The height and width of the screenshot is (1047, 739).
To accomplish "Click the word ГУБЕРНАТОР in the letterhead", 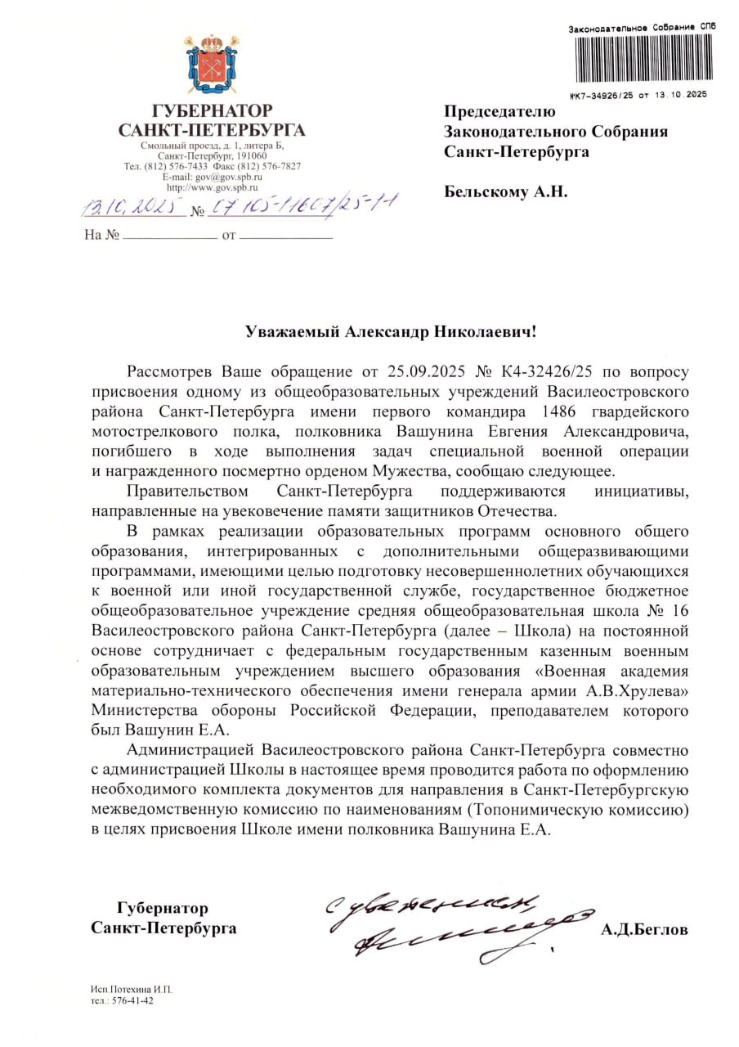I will (212, 110).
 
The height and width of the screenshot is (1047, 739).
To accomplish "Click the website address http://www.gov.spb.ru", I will (212, 187).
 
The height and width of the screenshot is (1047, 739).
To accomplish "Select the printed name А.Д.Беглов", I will (644, 930).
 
